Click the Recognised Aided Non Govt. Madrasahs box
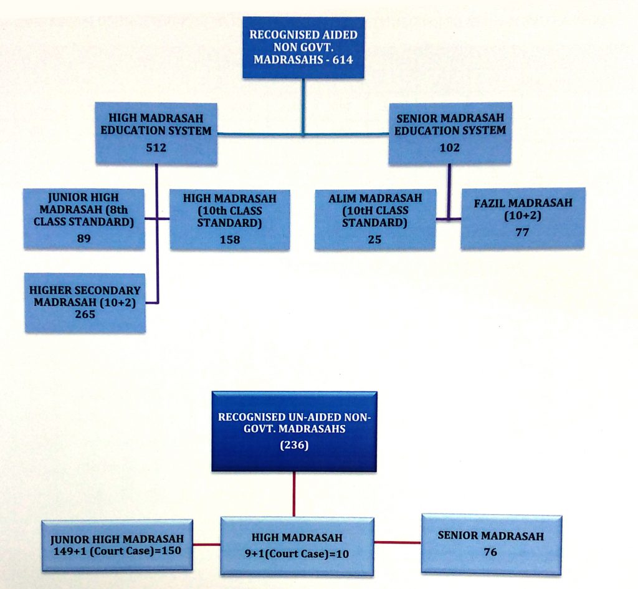coord(303,47)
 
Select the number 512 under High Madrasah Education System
coord(156,147)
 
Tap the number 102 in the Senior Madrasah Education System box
coord(450,147)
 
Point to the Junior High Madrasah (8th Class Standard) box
coord(84,219)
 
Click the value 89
coord(84,238)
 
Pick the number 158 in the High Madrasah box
coord(230,239)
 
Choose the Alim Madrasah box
coord(375,219)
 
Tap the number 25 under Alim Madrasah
coord(374,239)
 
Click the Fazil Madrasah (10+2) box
coord(523,218)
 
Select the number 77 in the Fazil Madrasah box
coord(522,232)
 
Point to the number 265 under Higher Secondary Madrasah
coord(85,314)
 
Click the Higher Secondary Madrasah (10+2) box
coord(85,304)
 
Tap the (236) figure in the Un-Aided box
coord(294,445)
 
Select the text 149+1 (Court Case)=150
coord(117,551)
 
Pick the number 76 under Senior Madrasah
coord(491,552)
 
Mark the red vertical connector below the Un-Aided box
coord(294,494)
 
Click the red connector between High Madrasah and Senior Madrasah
coord(398,542)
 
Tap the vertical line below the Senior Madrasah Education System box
coord(449,192)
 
